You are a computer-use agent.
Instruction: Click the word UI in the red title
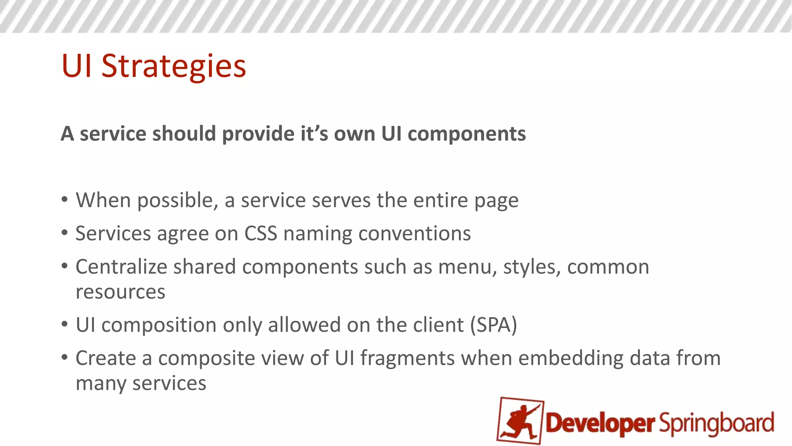click(76, 66)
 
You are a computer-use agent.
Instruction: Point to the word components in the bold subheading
click(466, 134)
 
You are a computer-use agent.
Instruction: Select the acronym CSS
click(261, 234)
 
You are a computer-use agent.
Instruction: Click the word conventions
click(415, 234)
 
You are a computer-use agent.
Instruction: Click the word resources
click(120, 292)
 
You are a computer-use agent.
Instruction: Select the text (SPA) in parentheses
click(493, 325)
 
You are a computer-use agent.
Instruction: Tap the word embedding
click(571, 359)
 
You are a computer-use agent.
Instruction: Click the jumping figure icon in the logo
click(521, 421)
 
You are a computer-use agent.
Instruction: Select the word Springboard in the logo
click(717, 424)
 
